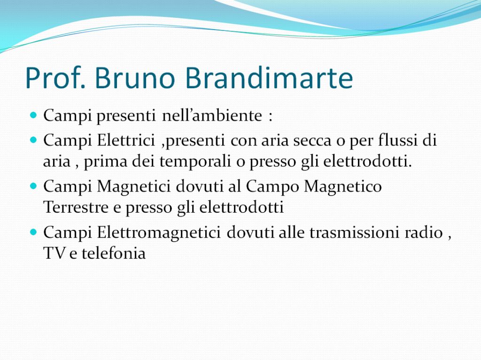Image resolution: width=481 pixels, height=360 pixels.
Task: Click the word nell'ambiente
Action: click(212, 115)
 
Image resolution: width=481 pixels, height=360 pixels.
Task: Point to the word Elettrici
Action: click(126, 140)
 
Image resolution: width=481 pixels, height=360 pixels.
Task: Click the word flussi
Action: click(398, 140)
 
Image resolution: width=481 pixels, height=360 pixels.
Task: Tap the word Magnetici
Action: click(134, 186)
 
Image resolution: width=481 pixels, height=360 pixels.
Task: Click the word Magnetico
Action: click(343, 186)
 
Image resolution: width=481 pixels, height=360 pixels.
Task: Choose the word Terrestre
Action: click(76, 207)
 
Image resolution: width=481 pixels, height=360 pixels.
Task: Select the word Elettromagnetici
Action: click(159, 232)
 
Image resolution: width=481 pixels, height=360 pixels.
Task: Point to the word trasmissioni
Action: click(354, 232)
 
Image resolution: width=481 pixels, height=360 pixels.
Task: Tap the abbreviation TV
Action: click(54, 253)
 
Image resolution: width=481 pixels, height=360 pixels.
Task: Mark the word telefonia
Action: click(114, 253)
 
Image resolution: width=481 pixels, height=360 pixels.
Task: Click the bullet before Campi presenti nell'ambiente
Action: click(33, 115)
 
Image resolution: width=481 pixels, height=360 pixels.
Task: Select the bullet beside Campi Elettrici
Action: click(33, 140)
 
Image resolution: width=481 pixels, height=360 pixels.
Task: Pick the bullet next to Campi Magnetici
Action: click(33, 186)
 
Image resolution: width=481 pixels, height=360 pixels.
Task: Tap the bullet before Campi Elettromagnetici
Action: click(33, 232)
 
